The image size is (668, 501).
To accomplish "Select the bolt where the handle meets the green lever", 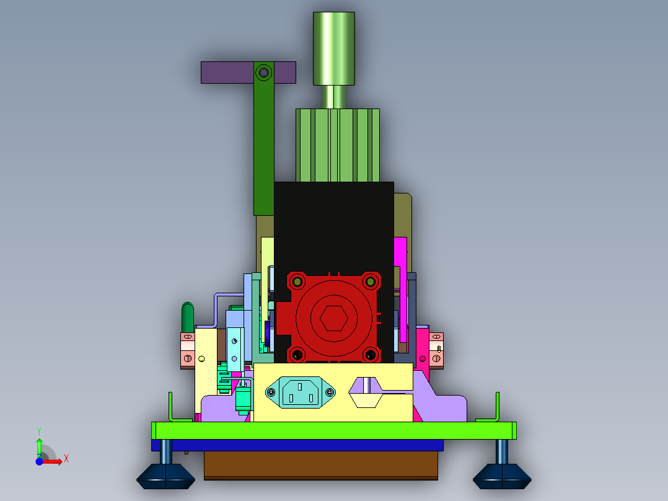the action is point(264,73).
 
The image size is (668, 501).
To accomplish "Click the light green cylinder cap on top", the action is point(334,48).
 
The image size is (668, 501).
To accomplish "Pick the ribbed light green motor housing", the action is point(337,145).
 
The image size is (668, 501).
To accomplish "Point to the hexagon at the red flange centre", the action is point(334,318).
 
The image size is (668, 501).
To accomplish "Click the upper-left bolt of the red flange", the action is point(297,282).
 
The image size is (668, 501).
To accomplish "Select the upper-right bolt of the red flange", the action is point(370,282).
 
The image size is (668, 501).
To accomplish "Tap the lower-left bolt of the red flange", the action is point(297,355).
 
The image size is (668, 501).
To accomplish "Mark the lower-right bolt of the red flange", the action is point(370,355).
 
